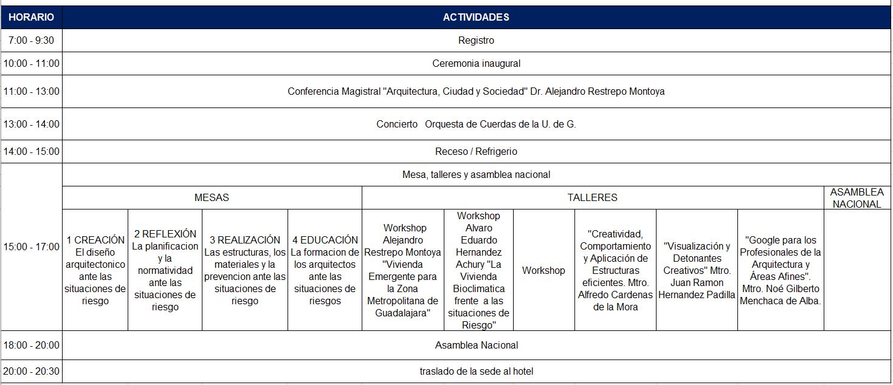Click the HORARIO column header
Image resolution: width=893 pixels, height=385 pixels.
point(31,17)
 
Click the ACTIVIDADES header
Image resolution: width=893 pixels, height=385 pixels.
point(476,17)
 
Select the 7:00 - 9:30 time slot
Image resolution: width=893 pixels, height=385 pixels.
point(31,41)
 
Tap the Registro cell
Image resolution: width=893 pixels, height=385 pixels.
point(476,41)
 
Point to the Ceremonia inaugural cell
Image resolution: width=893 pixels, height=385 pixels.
point(476,63)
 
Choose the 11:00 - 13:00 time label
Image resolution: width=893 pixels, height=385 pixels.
point(31,92)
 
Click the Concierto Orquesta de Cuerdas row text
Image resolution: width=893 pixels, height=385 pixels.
point(476,124)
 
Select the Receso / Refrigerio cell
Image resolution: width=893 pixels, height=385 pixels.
point(476,151)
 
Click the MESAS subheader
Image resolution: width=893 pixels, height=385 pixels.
point(212,197)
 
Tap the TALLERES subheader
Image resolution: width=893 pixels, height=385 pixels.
point(592,197)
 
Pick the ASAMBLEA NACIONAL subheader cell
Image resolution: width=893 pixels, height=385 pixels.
point(857,198)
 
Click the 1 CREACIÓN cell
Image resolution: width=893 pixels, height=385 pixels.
point(95,270)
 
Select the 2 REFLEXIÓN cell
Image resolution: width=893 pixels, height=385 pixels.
point(165,270)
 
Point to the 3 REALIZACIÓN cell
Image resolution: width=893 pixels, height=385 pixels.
point(245,270)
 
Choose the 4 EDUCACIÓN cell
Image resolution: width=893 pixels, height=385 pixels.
point(325,270)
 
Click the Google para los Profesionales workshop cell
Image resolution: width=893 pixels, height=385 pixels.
point(781,270)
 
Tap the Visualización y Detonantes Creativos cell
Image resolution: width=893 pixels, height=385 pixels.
point(697,270)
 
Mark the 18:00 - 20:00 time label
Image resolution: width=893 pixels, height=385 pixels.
point(31,345)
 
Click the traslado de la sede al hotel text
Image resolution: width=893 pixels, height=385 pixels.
point(476,371)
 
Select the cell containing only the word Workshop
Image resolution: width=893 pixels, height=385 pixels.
point(543,270)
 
